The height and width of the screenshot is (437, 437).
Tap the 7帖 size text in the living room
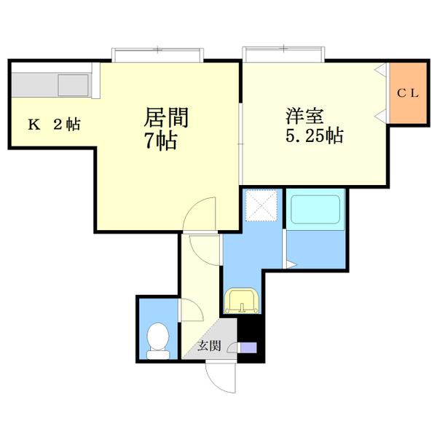pyautogui.click(x=160, y=141)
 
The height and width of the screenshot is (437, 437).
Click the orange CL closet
pyautogui.click(x=406, y=93)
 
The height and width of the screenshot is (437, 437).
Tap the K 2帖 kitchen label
pyautogui.click(x=54, y=125)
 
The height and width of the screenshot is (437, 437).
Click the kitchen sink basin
pyautogui.click(x=73, y=86)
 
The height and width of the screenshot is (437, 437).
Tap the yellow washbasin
pyautogui.click(x=240, y=300)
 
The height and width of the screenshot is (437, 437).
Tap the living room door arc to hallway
pyautogui.click(x=200, y=216)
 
